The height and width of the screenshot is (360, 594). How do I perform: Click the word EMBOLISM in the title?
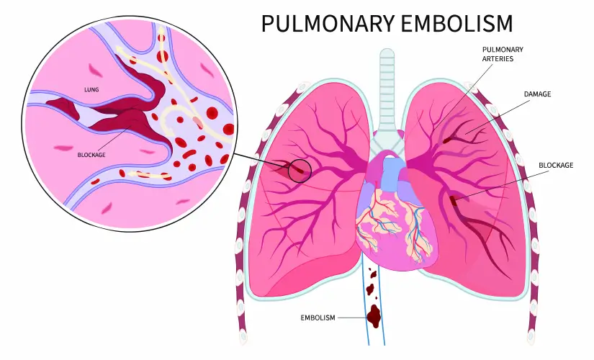pos(456,24)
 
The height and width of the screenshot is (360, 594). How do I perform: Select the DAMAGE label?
pos(537,94)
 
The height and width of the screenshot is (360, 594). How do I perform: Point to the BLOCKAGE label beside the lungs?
pos(556,165)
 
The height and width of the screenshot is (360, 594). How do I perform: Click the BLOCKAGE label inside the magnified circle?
pos(91,155)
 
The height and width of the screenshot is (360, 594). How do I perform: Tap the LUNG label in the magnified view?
pos(91,90)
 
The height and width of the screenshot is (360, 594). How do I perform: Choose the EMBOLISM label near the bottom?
pos(318,318)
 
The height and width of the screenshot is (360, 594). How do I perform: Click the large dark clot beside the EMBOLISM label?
pos(374,315)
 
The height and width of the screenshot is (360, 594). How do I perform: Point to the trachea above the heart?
pos(387,91)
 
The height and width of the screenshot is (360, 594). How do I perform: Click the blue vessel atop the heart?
pos(392,174)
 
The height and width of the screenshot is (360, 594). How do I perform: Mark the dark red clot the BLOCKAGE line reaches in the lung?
pos(453,199)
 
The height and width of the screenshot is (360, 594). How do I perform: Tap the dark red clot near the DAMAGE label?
pos(447,140)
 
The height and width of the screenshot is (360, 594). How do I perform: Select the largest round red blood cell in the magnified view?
pos(212,113)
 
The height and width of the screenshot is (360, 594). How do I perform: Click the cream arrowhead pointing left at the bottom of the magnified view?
pos(132,174)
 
